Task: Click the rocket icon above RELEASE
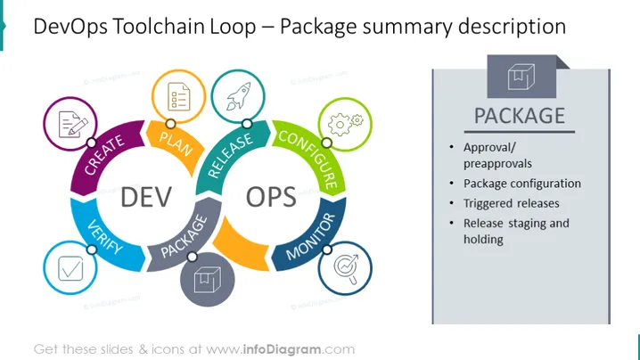238,96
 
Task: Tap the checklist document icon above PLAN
179,97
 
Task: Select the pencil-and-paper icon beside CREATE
73,124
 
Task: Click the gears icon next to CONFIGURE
345,124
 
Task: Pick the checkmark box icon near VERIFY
70,268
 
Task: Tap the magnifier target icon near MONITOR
346,268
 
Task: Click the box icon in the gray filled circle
208,280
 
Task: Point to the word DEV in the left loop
146,197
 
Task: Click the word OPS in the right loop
271,197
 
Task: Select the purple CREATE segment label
104,155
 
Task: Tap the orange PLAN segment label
176,143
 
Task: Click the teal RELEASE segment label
230,156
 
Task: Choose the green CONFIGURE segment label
309,160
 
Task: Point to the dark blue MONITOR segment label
310,237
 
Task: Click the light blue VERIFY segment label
105,237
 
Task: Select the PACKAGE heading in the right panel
519,116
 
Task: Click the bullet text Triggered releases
511,203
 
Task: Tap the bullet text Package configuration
522,184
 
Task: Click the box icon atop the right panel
521,77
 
